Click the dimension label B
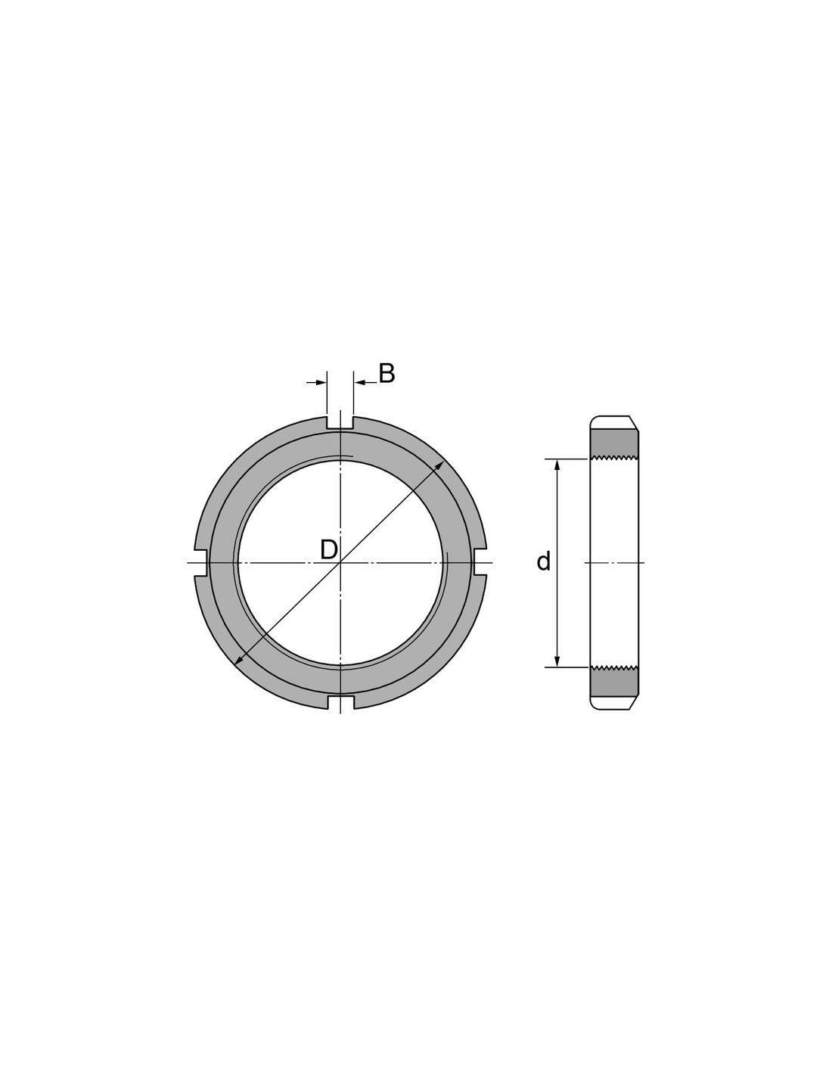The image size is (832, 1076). point(387,374)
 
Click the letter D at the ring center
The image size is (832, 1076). point(329,549)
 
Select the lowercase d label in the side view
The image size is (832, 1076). point(544,561)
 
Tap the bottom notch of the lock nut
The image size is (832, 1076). point(340,702)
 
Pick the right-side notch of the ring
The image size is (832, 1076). point(479,562)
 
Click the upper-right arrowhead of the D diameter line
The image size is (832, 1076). point(439,465)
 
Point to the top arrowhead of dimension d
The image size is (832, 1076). point(557,465)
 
